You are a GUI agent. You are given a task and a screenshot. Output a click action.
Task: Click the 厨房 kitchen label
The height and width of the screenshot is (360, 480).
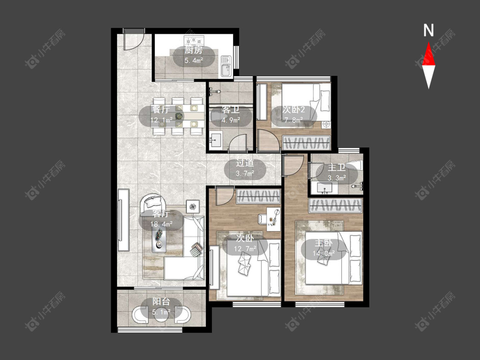(x=193, y=50)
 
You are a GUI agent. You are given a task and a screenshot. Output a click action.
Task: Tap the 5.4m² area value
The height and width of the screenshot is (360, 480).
(x=193, y=61)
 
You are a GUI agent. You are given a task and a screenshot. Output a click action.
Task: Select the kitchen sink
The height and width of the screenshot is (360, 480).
(x=226, y=67)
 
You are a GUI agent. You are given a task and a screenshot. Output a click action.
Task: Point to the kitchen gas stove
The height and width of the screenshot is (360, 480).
(x=194, y=41)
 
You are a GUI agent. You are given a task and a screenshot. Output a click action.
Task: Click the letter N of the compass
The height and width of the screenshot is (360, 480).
(x=428, y=30)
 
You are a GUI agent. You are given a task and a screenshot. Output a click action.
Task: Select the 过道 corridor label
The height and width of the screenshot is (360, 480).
(x=245, y=163)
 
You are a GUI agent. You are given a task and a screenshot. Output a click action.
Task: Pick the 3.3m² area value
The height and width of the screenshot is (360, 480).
(x=337, y=178)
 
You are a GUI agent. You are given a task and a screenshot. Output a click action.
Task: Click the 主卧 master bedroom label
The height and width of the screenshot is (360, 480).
(x=323, y=243)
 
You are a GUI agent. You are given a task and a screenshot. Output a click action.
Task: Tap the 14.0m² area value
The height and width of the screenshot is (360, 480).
(x=323, y=253)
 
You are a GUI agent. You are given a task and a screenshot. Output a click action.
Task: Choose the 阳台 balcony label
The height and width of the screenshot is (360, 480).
(x=161, y=302)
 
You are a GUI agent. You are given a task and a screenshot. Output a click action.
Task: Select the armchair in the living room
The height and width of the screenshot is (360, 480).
(x=153, y=203)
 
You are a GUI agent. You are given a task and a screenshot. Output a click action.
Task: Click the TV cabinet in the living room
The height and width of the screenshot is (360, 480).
(x=123, y=220)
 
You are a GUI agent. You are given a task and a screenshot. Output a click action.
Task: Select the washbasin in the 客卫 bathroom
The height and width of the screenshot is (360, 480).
(x=216, y=140)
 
